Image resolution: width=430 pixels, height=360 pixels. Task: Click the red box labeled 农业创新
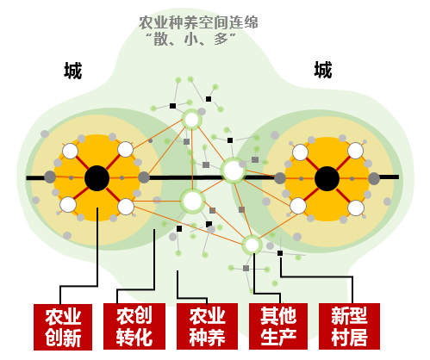coord(63,327)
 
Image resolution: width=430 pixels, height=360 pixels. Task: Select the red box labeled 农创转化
coord(134,326)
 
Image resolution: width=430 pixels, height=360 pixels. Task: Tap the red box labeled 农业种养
coord(207,326)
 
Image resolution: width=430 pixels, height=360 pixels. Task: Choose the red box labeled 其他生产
coord(278,326)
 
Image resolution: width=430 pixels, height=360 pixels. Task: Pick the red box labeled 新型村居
coord(349,326)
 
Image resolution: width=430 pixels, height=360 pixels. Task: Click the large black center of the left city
coord(97,178)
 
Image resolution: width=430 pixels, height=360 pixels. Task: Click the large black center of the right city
coord(327,178)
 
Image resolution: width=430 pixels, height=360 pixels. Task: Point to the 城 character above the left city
coord(73,71)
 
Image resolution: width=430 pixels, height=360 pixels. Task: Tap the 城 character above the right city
coord(323,70)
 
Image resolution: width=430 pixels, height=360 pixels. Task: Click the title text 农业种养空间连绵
coord(198,22)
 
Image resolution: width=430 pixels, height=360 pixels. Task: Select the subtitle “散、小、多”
coord(190,40)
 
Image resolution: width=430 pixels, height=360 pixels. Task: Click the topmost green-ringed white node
coord(191,120)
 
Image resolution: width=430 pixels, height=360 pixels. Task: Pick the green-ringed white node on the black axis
coord(234,171)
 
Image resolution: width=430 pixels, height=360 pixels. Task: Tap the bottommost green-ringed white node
coord(252,245)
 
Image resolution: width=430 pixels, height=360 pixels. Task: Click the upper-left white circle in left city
coord(70,151)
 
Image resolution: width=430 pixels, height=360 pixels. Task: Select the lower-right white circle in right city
coord(356,208)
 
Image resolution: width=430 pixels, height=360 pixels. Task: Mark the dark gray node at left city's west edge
coord(50,177)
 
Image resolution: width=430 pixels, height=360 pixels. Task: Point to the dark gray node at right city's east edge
coord(374,178)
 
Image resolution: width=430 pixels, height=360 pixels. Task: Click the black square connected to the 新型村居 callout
coord(280,253)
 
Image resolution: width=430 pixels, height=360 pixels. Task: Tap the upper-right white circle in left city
coord(126,149)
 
